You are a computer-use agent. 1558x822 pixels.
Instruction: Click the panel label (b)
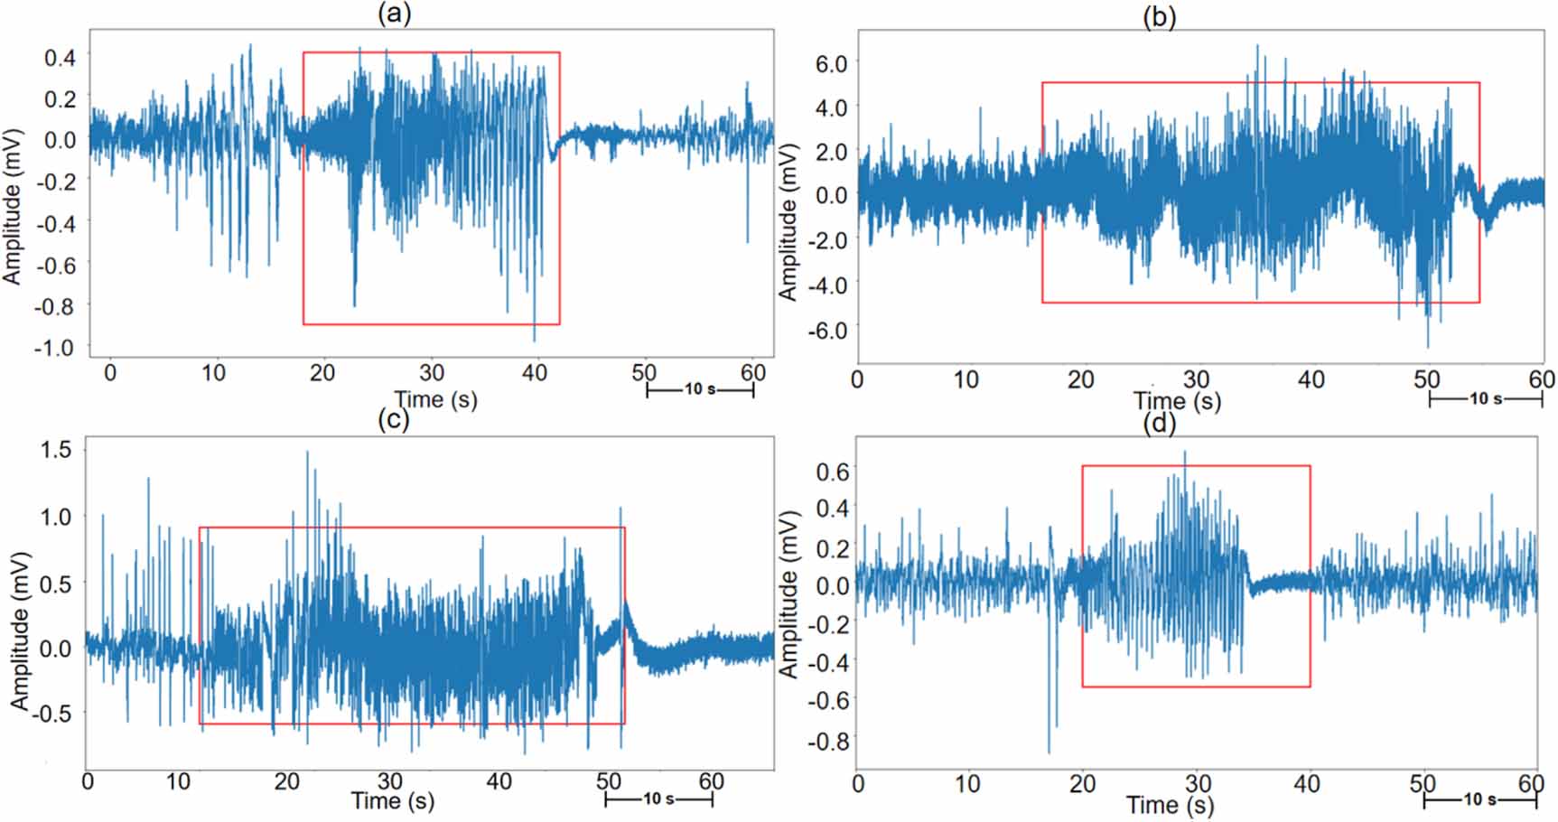point(1159,16)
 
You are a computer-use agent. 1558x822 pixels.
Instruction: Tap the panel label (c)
point(392,419)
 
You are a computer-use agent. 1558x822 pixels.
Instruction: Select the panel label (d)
point(1159,424)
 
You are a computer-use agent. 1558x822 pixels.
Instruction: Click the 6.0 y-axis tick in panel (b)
point(830,63)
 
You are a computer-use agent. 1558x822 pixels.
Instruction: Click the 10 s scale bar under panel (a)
point(700,390)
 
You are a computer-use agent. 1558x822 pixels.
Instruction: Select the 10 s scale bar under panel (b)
point(1485,398)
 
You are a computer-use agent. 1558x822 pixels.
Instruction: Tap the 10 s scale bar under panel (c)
point(658,799)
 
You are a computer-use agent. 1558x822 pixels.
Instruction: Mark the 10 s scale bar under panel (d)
point(1479,800)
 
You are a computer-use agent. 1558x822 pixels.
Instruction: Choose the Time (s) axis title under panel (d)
point(1170,804)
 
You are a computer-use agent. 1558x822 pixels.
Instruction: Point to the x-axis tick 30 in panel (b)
point(1196,379)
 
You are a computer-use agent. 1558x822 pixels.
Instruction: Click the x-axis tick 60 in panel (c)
point(711,781)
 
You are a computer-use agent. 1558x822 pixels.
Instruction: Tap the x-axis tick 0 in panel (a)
point(110,372)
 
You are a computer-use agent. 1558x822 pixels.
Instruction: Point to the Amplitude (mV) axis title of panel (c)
point(20,630)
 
